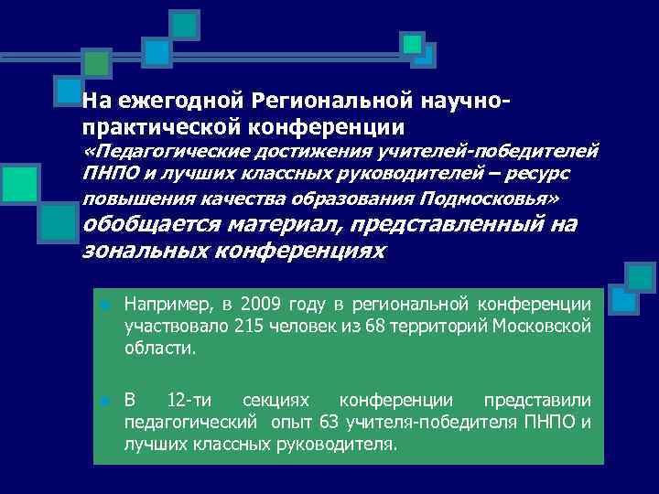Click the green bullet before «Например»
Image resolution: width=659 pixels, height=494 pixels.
105,306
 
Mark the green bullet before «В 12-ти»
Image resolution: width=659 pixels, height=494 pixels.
105,402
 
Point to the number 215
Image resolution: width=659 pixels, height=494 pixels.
248,327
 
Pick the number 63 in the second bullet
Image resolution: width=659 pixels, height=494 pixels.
329,422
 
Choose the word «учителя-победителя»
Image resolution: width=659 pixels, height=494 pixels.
431,422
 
